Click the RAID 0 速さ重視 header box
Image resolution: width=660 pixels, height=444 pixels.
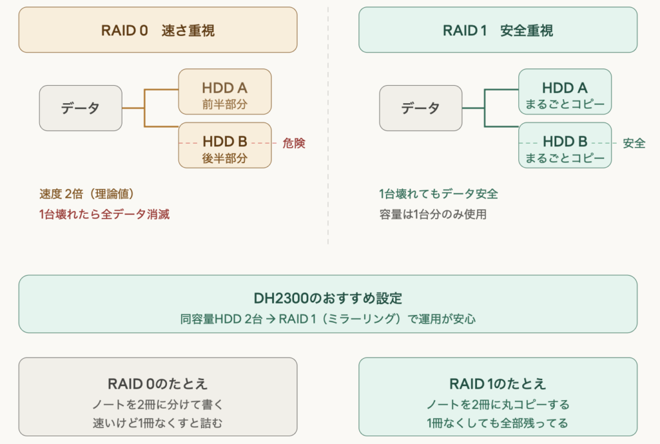pyautogui.click(x=158, y=30)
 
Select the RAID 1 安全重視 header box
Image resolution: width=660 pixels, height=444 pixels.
pyautogui.click(x=498, y=30)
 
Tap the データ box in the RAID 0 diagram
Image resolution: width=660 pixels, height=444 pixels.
pyautogui.click(x=81, y=108)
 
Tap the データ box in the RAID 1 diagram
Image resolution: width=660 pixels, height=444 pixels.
pyautogui.click(x=420, y=108)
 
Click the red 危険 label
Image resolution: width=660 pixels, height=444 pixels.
pyautogui.click(x=294, y=143)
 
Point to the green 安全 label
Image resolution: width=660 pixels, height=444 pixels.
pyautogui.click(x=634, y=143)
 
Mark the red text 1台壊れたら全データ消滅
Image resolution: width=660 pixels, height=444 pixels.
pyautogui.click(x=104, y=215)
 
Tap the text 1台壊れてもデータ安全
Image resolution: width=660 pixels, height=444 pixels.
pyautogui.click(x=438, y=194)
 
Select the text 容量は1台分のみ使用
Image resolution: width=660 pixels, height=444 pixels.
pyautogui.click(x=432, y=215)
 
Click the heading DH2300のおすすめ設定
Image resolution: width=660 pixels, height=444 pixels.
pyautogui.click(x=327, y=299)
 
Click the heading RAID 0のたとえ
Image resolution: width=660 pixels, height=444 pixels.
pyautogui.click(x=158, y=384)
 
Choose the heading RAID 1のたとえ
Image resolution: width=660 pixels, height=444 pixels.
pyautogui.click(x=498, y=384)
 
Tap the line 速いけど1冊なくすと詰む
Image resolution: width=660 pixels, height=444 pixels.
pyautogui.click(x=158, y=423)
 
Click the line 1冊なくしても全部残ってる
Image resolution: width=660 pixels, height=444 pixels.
pyautogui.click(x=498, y=423)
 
